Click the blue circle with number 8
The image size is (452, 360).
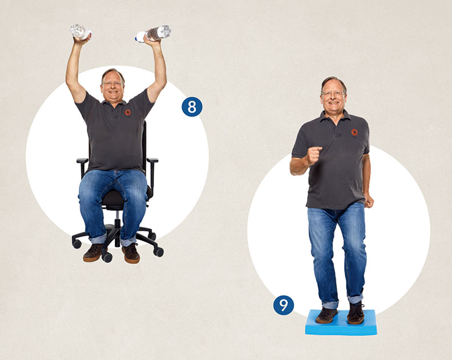pos(192,107)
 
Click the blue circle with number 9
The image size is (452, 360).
pos(284,305)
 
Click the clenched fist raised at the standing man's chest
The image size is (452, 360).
pos(314,155)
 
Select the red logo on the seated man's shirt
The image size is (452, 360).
pos(128,112)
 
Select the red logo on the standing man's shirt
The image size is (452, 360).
pos(354,132)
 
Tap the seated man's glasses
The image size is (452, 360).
pos(112,84)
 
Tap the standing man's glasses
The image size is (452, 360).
pos(333,94)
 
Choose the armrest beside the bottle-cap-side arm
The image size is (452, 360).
pos(152,160)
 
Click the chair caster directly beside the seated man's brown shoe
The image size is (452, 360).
pos(107,257)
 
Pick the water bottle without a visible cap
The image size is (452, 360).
pos(80,32)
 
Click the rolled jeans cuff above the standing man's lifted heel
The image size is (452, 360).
pos(355,298)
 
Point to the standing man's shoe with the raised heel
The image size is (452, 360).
pos(356,313)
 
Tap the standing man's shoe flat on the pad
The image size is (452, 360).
pos(326,315)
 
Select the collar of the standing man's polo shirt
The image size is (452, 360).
pos(335,117)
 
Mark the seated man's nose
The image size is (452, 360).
pos(112,87)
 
